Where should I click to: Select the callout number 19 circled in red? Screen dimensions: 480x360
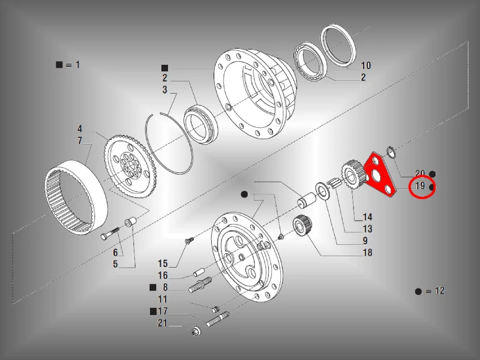pos(420,185)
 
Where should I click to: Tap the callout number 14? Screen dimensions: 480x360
pos(367,217)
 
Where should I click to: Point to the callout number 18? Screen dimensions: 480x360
pos(367,253)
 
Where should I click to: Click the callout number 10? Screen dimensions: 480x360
pos(366,65)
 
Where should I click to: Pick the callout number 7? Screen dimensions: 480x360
pos(80,140)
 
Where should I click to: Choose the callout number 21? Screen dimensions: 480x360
pos(163,323)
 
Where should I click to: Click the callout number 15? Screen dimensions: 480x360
pos(163,263)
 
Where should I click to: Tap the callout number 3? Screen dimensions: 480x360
pos(165,89)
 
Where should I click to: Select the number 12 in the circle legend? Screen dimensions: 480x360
pos(440,290)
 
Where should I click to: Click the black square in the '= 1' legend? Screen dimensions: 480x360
pos(59,65)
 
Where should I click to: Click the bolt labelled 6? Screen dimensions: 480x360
pos(110,233)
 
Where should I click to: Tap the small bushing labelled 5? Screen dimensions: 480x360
pos(130,222)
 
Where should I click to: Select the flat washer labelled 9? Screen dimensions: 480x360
pos(322,191)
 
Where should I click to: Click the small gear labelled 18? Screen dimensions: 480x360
pos(302,227)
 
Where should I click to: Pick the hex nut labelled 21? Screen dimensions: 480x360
pos(194,332)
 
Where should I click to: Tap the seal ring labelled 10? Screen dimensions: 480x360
pos(338,46)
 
